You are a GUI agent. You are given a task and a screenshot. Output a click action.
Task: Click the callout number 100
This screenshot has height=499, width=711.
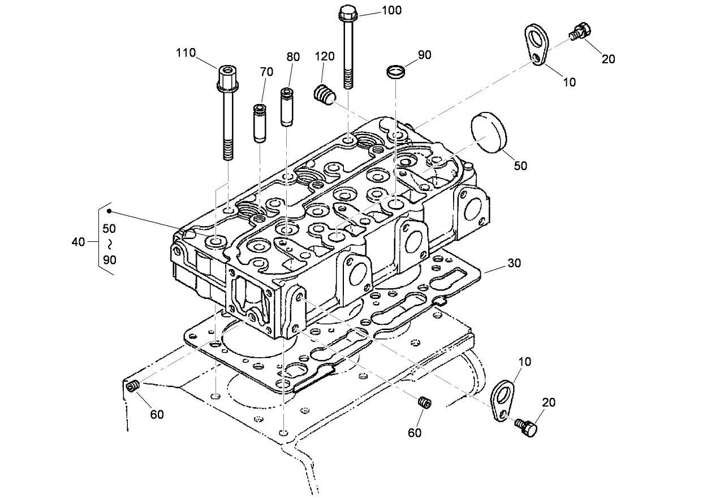coord(391,10)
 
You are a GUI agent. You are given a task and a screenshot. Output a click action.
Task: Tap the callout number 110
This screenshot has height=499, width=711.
coord(186,53)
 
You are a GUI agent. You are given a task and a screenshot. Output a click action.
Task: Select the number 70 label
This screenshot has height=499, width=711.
coord(266,72)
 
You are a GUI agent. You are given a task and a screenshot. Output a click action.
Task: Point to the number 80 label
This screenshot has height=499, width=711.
coord(293,57)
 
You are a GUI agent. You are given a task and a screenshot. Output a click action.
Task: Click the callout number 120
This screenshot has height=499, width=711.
coord(325,57)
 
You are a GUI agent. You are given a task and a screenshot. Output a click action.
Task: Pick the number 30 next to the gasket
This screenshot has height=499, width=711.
coord(514,263)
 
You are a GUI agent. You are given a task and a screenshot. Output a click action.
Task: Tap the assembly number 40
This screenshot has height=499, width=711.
coord(79,242)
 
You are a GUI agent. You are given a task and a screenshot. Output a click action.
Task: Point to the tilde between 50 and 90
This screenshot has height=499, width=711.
coord(109,244)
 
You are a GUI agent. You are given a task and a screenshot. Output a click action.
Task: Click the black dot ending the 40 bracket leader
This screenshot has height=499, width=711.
coord(109,211)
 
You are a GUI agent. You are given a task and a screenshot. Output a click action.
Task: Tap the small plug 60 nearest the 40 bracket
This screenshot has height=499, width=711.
coord(133,386)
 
